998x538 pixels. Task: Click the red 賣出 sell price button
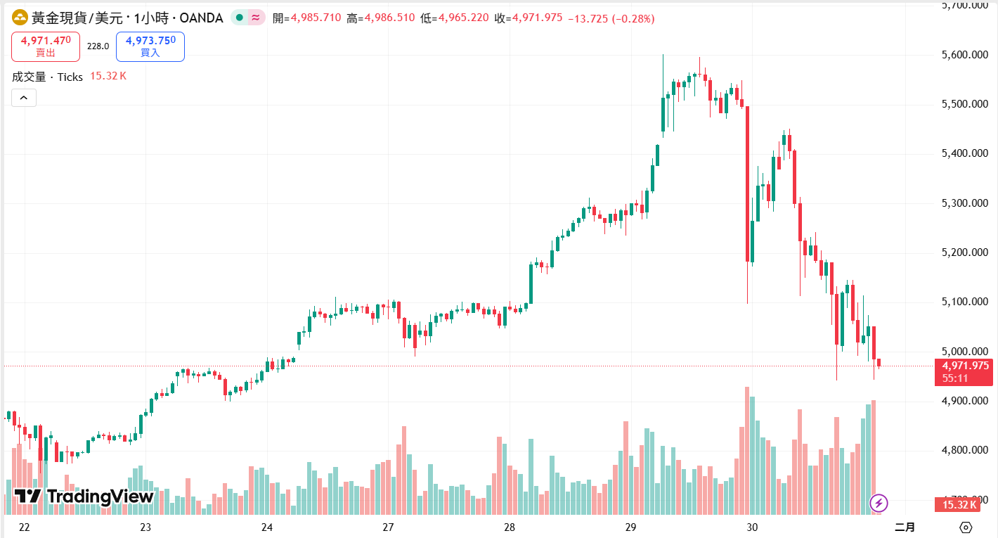(x=46, y=46)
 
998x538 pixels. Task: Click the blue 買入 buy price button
(x=150, y=46)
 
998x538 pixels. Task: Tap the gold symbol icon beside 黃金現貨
(x=20, y=18)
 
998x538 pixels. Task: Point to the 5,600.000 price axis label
(x=964, y=55)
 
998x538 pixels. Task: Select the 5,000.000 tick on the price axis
(x=964, y=352)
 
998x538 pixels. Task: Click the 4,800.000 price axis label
(x=964, y=450)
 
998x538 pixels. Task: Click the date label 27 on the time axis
(x=388, y=527)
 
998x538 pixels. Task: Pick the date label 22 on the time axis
(x=25, y=527)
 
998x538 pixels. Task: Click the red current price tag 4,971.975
(x=964, y=366)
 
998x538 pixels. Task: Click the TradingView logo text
(x=84, y=497)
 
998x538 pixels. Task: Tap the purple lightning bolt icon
(x=879, y=503)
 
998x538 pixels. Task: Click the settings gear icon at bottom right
(x=966, y=527)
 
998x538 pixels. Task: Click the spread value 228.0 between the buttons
(x=98, y=46)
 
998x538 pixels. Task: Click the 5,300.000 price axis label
(x=964, y=203)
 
